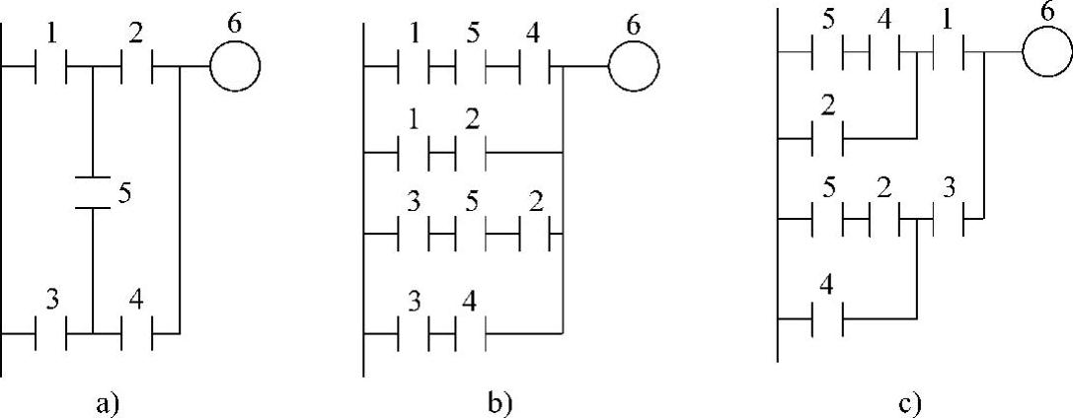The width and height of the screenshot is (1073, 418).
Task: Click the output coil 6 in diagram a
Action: (x=235, y=68)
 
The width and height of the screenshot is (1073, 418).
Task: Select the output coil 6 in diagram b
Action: (x=633, y=68)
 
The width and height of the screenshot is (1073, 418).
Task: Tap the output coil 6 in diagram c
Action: (x=1046, y=51)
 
